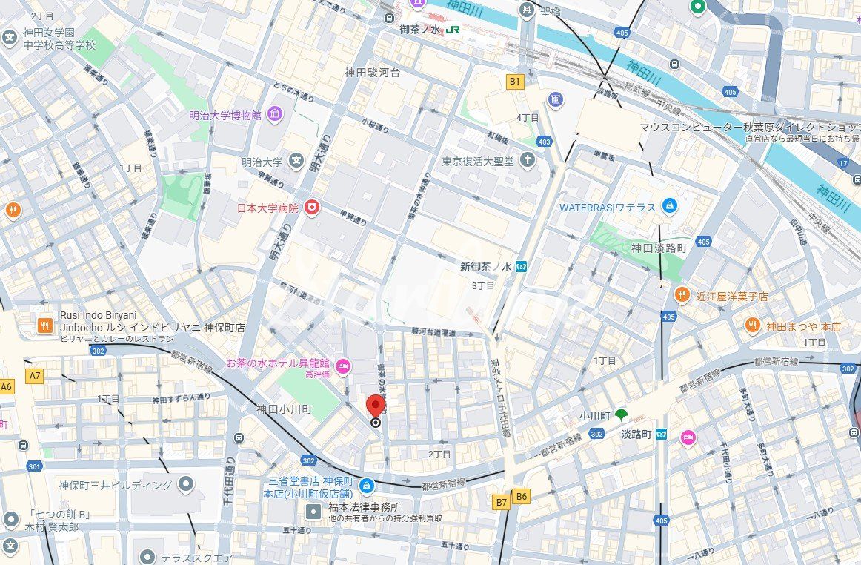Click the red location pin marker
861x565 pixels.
tap(376, 406)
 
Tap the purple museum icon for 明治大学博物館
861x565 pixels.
tap(275, 115)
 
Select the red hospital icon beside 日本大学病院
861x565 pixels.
tap(312, 208)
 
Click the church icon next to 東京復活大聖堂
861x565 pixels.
tap(527, 160)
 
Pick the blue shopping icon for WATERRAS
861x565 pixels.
tap(670, 206)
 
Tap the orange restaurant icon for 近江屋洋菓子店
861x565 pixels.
tap(682, 296)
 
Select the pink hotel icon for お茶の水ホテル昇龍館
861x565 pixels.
tap(343, 364)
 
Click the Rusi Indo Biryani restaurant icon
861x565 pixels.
tap(45, 325)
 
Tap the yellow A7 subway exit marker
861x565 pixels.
tap(35, 376)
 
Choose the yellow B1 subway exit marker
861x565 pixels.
tap(514, 80)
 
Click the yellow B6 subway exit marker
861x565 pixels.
tap(522, 497)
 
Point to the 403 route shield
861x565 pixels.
tap(545, 142)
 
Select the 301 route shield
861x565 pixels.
tap(34, 466)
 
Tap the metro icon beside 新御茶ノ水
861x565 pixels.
tap(522, 267)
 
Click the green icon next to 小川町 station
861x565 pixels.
tap(621, 415)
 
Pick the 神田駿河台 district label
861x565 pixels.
tap(372, 73)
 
